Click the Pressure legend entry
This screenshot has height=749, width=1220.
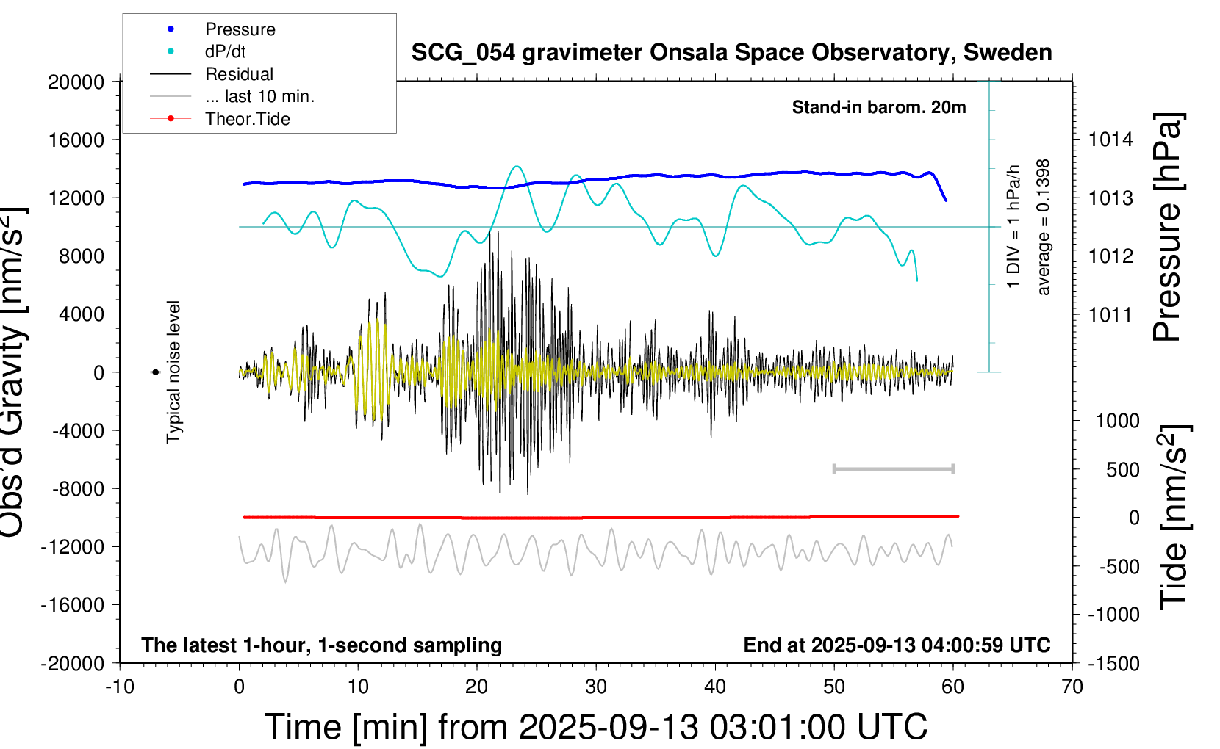tap(240, 29)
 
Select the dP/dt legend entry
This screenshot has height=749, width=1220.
tap(225, 51)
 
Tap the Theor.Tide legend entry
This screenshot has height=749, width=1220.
tap(247, 119)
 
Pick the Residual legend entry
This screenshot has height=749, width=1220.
tap(239, 74)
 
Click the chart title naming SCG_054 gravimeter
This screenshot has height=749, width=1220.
tap(731, 53)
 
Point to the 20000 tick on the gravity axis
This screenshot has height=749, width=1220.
tap(76, 82)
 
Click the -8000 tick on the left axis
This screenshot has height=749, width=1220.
tap(78, 489)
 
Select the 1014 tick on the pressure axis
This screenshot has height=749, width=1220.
tap(1110, 140)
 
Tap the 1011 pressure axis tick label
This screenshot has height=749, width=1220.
tap(1110, 315)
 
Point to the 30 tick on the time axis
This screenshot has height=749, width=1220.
tap(596, 687)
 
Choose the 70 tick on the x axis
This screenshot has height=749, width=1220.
tap(1072, 687)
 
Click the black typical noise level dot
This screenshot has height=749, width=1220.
tap(155, 372)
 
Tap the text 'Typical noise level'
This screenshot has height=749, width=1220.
tap(173, 372)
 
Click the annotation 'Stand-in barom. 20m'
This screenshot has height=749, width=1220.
tap(878, 107)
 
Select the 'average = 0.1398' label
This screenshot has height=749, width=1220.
tap(1044, 228)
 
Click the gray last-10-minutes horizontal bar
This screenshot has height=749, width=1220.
tap(893, 468)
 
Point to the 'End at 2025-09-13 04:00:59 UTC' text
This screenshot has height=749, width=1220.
tap(897, 645)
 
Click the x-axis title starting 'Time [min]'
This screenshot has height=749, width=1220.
tap(595, 727)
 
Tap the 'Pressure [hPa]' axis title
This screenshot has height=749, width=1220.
tap(1167, 228)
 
